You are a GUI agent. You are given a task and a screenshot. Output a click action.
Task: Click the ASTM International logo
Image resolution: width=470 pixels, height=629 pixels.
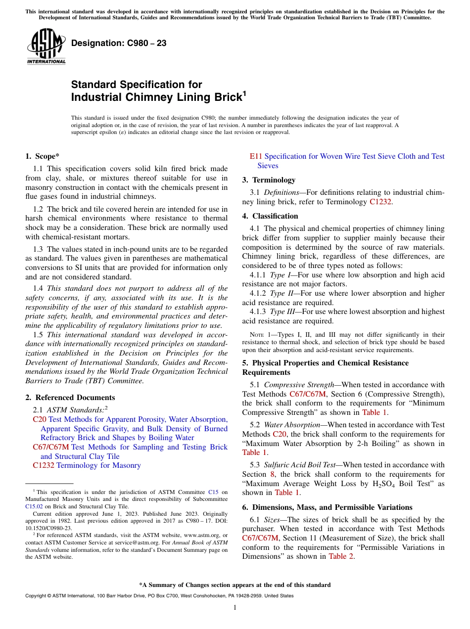[x=46, y=46]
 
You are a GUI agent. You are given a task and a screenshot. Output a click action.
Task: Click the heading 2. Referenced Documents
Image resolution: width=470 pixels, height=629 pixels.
[x=70, y=398]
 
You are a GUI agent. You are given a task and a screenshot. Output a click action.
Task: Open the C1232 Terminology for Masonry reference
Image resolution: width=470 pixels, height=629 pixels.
[x=87, y=465]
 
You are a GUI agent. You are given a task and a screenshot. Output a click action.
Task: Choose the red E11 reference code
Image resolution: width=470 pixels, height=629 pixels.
[x=256, y=156]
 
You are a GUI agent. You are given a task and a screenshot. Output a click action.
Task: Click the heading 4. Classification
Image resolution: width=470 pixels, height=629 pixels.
[x=270, y=216]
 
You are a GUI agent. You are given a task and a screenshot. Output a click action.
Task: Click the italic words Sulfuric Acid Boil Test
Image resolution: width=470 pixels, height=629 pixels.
[x=301, y=465]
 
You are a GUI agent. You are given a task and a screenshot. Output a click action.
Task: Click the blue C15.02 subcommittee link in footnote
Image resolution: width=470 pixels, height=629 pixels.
[x=34, y=506]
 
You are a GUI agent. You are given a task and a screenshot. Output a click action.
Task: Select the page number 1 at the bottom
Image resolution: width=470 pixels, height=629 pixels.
[x=235, y=608]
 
